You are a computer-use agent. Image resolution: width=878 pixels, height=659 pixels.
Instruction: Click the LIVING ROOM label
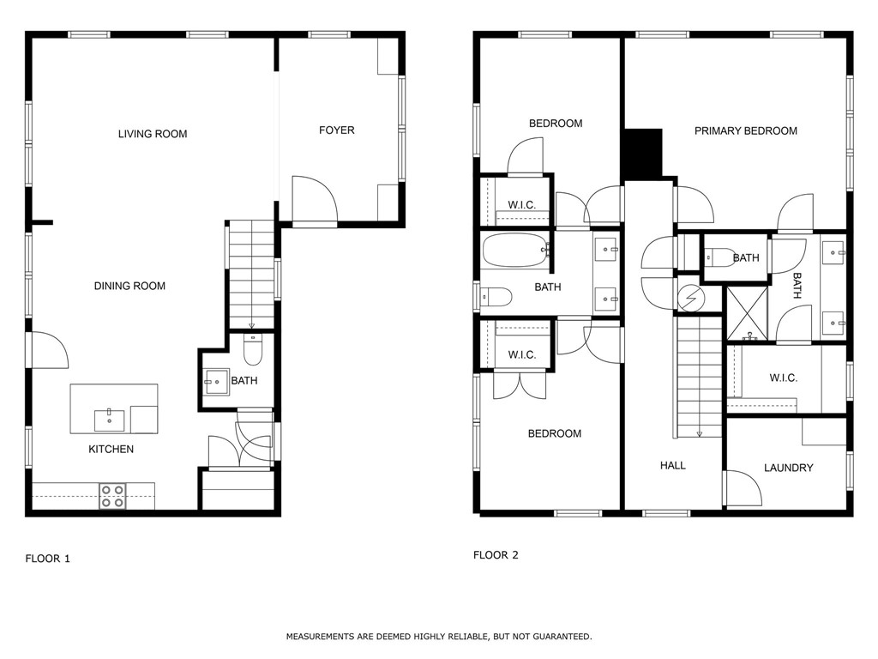point(153,134)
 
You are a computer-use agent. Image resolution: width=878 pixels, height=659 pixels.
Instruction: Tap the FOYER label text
point(336,130)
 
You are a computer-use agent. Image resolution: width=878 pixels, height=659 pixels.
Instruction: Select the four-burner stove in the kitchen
point(112,496)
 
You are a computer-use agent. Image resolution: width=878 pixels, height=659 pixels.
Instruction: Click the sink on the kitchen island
point(109,420)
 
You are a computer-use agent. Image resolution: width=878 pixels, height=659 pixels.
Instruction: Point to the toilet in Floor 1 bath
point(253,350)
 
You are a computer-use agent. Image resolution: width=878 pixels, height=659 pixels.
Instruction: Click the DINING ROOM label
point(129,286)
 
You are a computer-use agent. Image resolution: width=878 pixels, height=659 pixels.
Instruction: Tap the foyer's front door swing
point(312,201)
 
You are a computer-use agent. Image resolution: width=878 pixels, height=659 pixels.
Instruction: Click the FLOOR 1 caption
point(47,559)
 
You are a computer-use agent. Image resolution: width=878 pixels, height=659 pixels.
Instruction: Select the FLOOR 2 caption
point(496,555)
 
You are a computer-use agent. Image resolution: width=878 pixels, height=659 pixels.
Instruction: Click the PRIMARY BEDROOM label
point(745,131)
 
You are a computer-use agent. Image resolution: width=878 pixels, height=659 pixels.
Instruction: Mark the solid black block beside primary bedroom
point(642,154)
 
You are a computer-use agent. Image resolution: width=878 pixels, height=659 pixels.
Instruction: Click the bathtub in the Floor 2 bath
point(514,251)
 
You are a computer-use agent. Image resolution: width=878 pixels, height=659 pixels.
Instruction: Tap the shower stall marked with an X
point(745,313)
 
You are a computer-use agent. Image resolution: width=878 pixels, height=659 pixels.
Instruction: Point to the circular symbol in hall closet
point(690,299)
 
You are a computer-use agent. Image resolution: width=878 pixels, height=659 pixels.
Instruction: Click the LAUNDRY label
point(788,468)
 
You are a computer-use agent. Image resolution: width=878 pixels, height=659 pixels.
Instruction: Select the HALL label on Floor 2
point(672,465)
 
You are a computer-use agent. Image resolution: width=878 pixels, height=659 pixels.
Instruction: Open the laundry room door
point(743,488)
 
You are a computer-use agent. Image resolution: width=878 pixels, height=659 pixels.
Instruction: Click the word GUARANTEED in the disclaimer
point(558,637)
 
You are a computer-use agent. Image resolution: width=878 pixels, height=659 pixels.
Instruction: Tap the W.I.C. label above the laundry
point(783,378)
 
